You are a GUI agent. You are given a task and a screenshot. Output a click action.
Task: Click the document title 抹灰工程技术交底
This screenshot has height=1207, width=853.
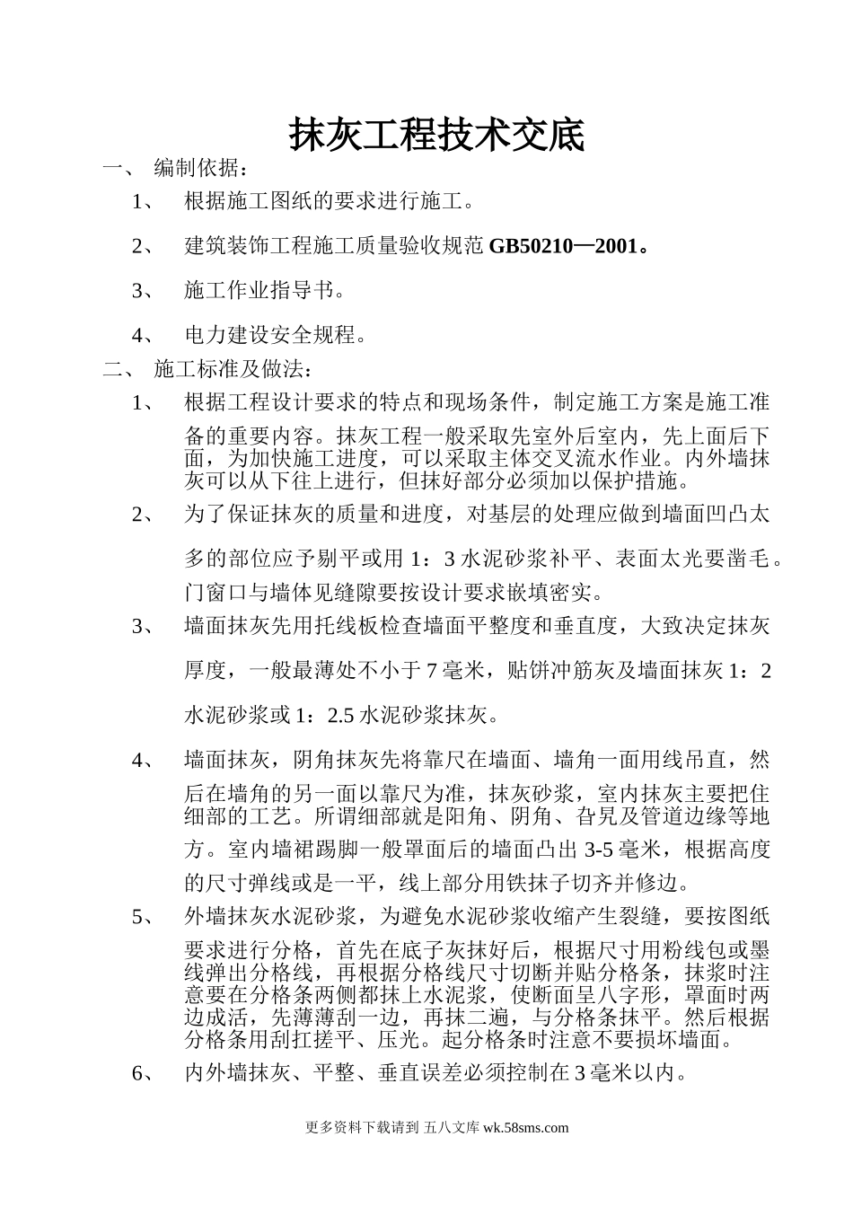(435, 136)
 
